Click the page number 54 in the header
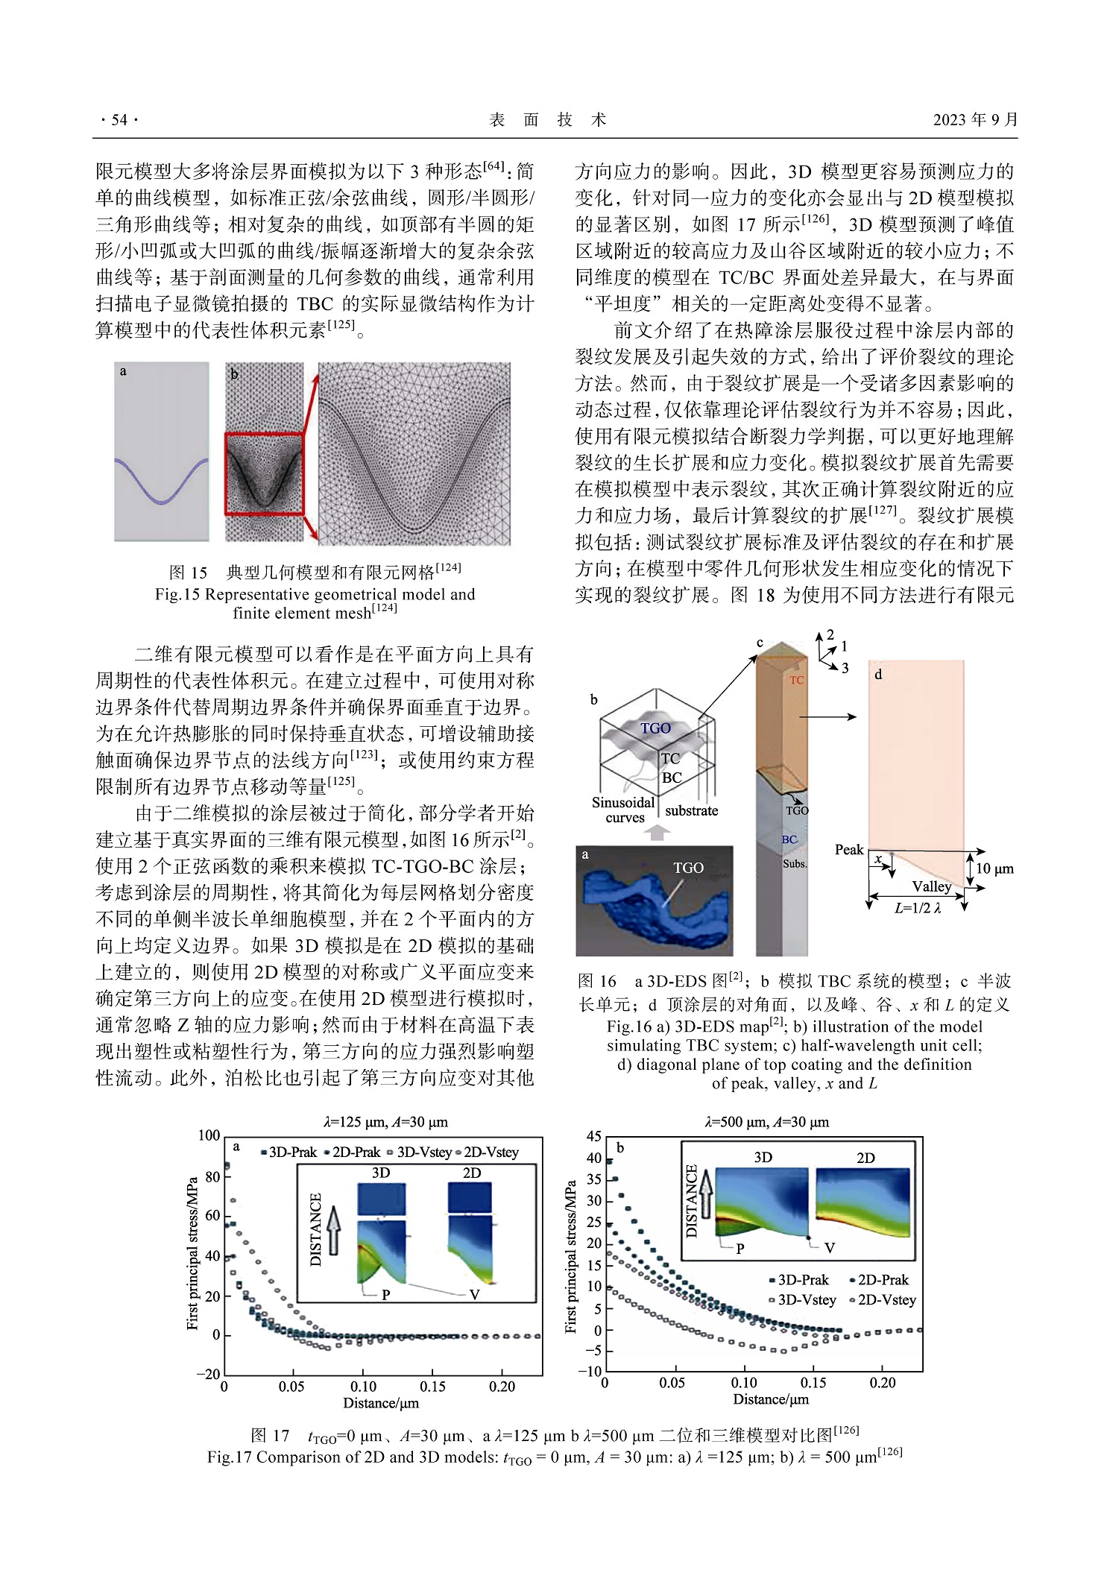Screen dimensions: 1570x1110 click(x=119, y=120)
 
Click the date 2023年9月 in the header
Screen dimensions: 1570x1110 click(x=974, y=120)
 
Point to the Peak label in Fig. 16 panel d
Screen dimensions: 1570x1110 click(x=848, y=850)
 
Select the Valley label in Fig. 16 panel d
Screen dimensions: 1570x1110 click(x=932, y=886)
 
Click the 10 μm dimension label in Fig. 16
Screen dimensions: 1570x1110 click(x=994, y=868)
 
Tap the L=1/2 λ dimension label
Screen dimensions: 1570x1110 click(x=918, y=909)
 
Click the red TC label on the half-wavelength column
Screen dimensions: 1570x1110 click(x=796, y=680)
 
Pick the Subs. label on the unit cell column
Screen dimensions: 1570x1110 click(x=795, y=864)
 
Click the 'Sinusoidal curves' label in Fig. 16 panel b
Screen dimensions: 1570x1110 click(x=623, y=810)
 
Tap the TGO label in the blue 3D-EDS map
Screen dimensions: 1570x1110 click(x=688, y=868)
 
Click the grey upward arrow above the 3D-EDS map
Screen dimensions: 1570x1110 click(x=656, y=832)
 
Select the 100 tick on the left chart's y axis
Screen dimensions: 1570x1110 click(x=209, y=1135)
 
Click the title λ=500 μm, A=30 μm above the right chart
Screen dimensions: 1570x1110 click(x=766, y=1121)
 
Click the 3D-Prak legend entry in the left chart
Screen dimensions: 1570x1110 click(x=289, y=1152)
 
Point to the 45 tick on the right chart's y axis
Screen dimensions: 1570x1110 click(x=593, y=1136)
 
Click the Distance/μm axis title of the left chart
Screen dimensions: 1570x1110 click(x=381, y=1403)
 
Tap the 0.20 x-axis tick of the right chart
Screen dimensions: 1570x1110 click(x=883, y=1383)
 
